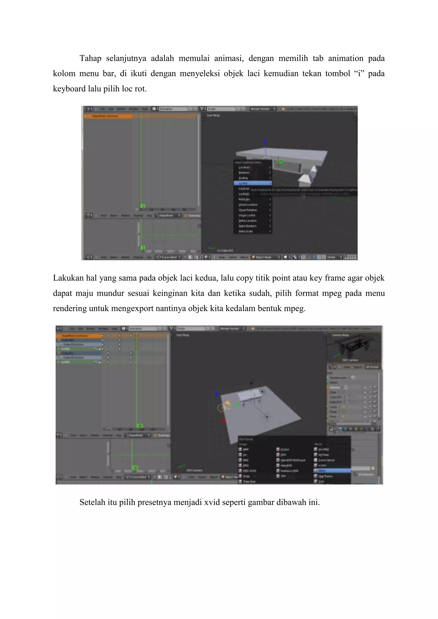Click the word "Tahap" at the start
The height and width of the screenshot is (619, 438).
coord(90,58)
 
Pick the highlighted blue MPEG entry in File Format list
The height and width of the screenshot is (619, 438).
coord(332,470)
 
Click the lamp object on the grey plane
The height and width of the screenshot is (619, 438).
coord(267,417)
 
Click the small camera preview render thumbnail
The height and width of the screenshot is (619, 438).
coord(354,348)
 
